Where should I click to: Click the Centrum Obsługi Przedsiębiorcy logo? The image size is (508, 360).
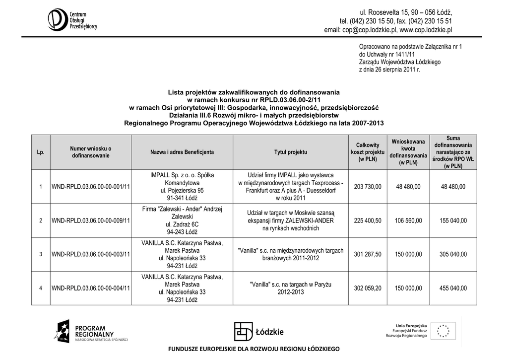coord(72,19)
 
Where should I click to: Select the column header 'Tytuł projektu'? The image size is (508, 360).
coord(290,152)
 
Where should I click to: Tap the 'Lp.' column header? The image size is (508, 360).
coord(41,152)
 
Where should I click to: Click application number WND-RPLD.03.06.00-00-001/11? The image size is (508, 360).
coord(91,187)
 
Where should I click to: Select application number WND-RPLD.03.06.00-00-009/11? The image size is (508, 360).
coord(91,220)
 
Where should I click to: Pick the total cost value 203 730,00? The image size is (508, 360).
coord(368,187)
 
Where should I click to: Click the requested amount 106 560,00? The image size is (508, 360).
coord(408,220)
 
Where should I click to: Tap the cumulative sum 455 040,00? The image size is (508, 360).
coord(453,288)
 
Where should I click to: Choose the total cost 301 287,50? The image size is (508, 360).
coord(368,254)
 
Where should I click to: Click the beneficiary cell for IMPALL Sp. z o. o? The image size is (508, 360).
coord(182,186)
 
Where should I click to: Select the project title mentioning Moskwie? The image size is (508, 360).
coord(291,220)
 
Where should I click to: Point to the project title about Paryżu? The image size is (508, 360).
coord(291,288)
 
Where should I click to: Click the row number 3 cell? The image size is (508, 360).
coord(41,254)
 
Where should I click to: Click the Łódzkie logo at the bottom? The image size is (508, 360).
coord(259,331)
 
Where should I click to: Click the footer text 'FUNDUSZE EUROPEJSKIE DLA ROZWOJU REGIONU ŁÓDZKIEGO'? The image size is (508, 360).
coord(254,350)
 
